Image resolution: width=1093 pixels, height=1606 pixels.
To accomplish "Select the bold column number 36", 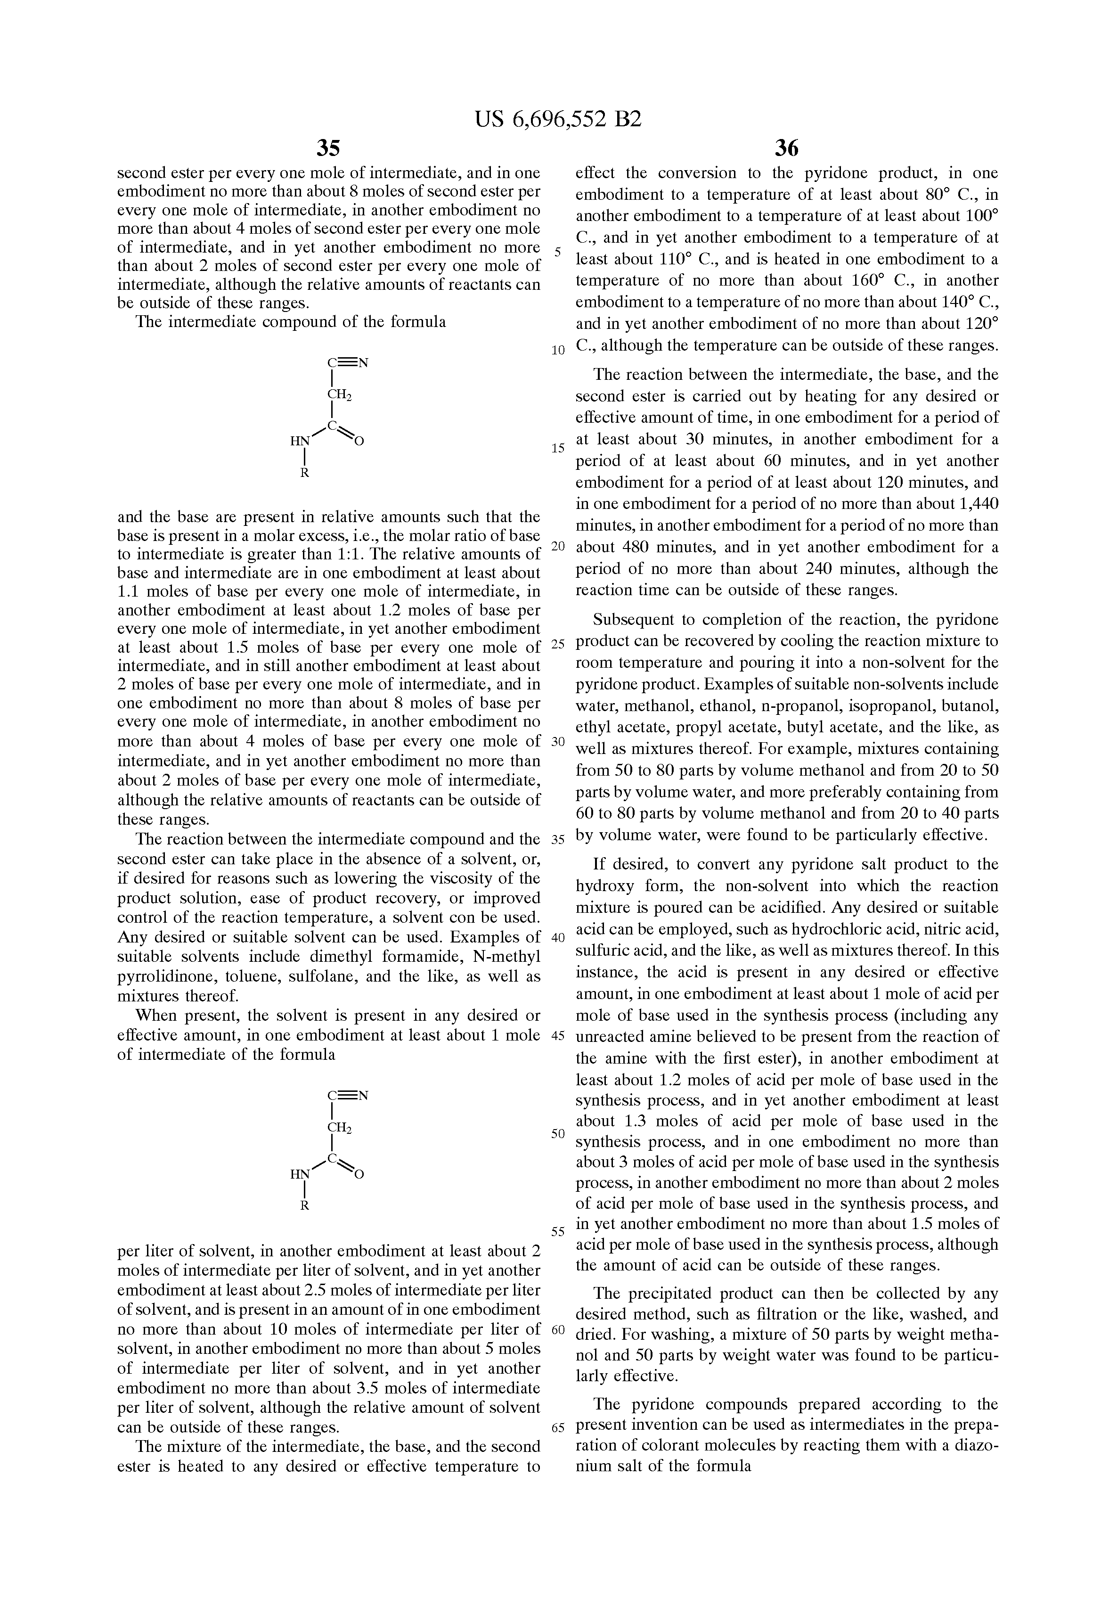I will (x=786, y=148).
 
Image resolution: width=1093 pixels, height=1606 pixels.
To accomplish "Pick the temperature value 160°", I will (x=865, y=280).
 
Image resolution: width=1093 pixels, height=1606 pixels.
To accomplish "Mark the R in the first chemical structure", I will (x=304, y=474).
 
